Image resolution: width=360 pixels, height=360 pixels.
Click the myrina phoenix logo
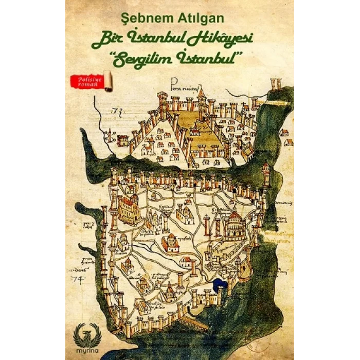[84, 330]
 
